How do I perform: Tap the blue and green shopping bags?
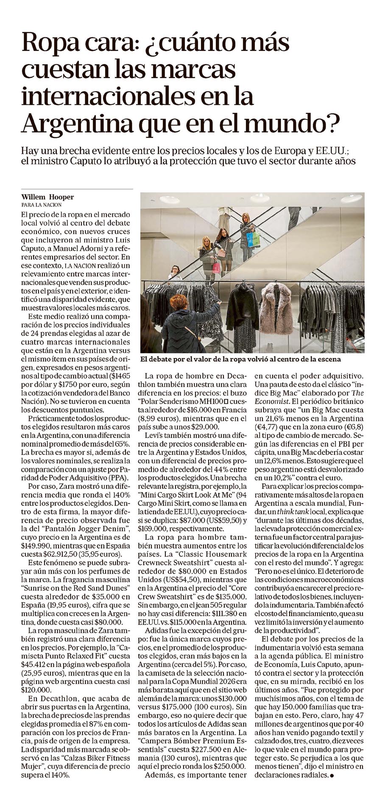tap(253, 239)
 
